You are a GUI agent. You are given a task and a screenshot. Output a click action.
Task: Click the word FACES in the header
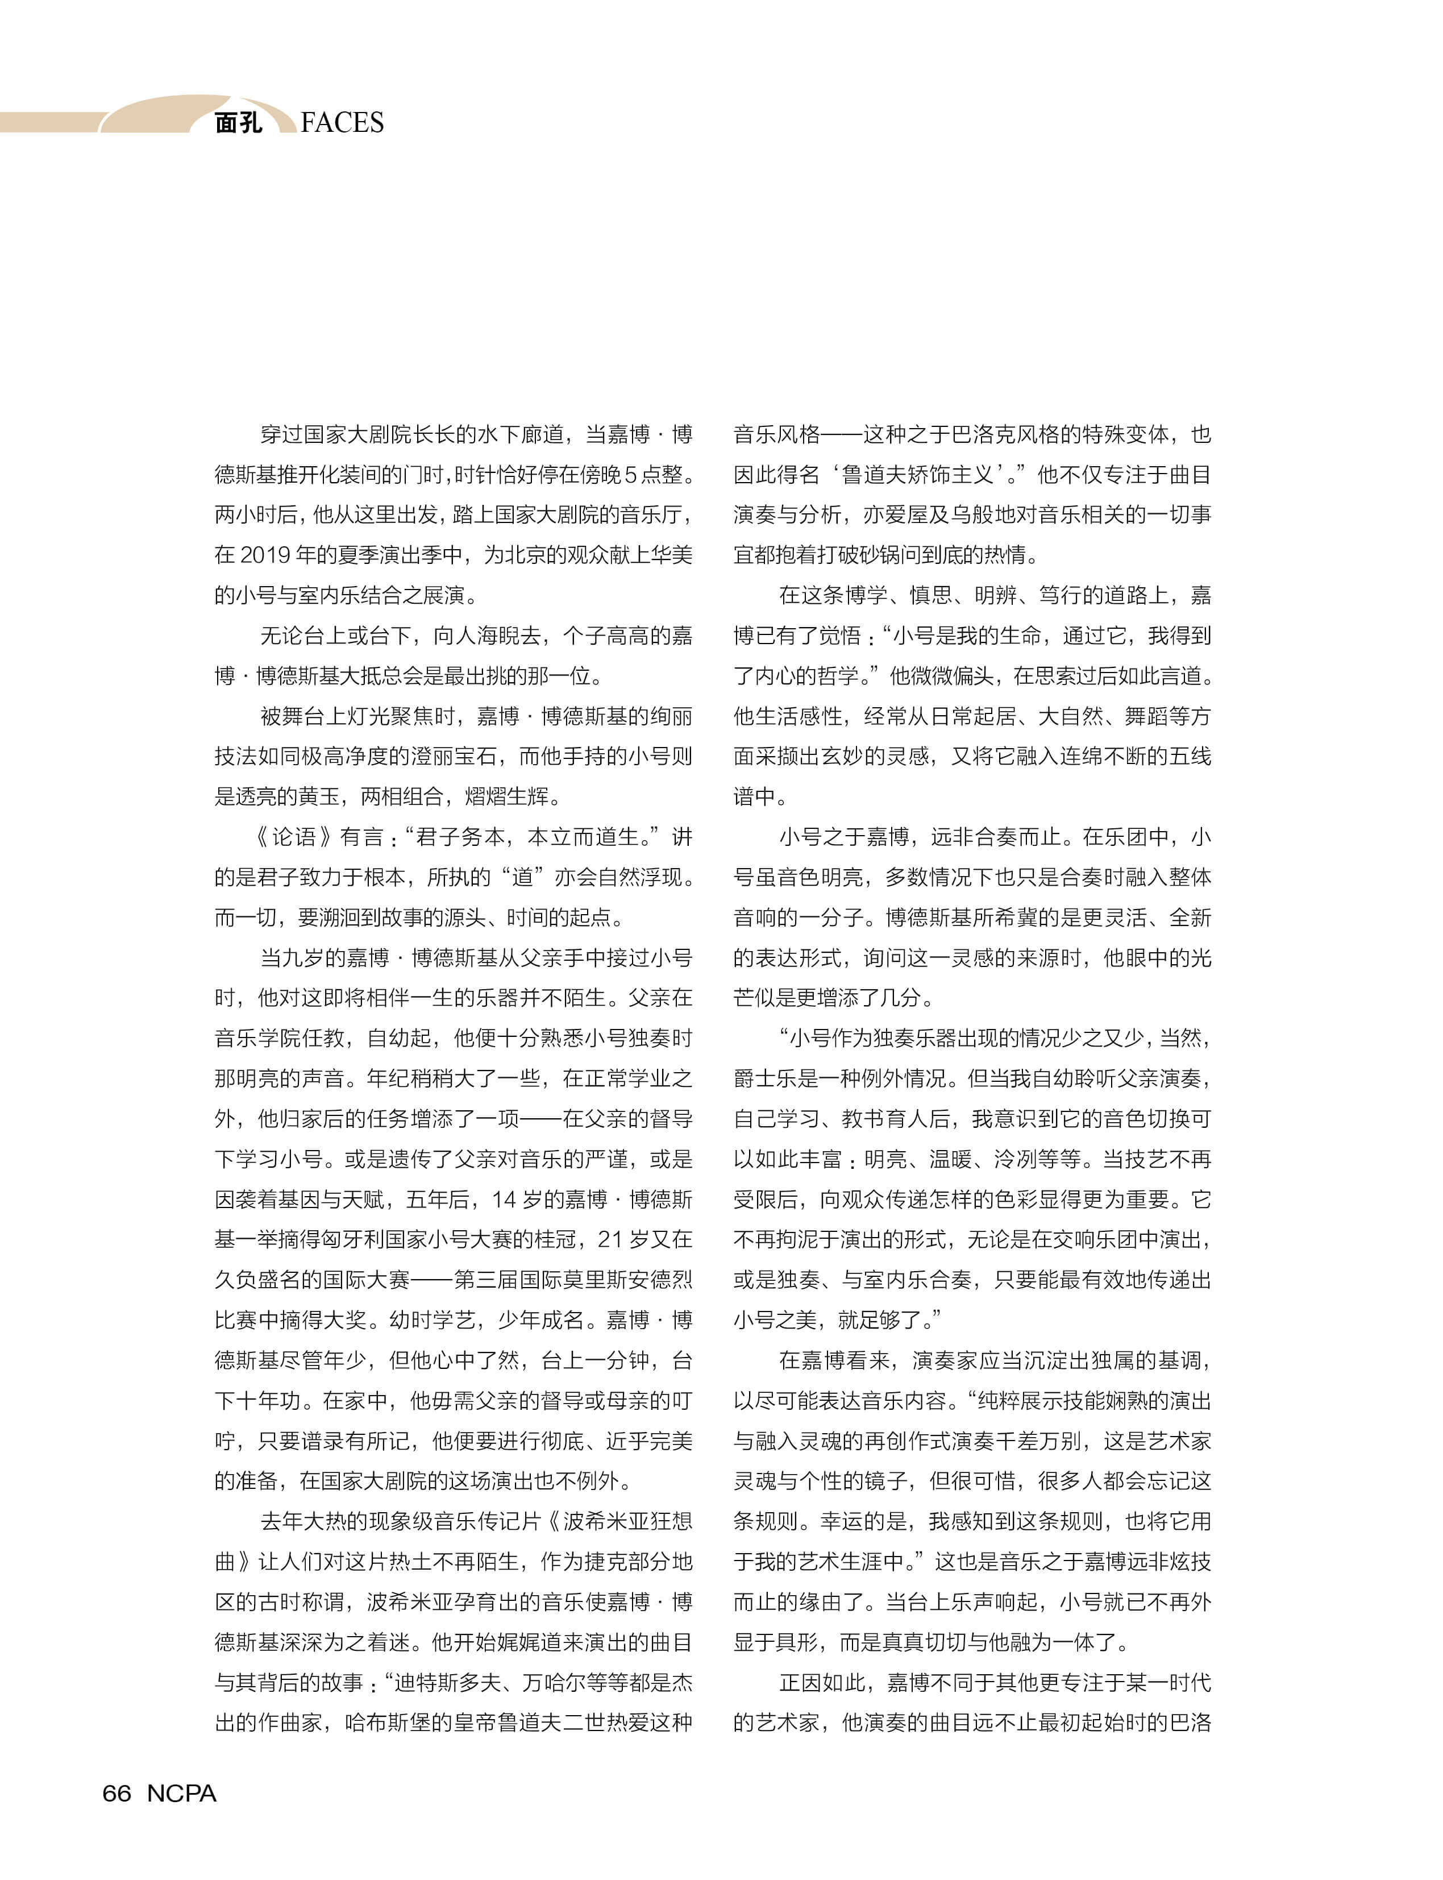pyautogui.click(x=342, y=123)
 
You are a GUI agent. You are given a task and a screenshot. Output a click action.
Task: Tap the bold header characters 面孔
pyautogui.click(x=238, y=123)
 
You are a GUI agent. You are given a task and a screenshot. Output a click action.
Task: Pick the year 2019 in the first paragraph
pyautogui.click(x=264, y=555)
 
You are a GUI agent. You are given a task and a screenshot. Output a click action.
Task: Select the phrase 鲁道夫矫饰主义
pyautogui.click(x=917, y=474)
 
